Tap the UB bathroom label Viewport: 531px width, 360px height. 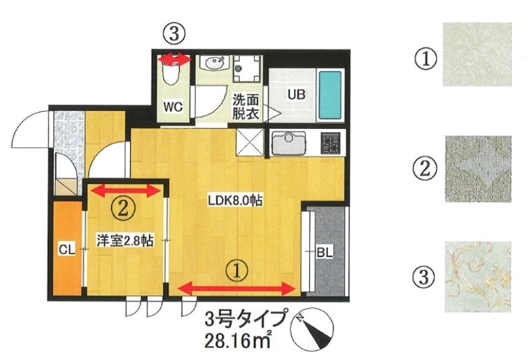tap(296, 94)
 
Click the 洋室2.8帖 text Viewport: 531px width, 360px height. tap(125, 240)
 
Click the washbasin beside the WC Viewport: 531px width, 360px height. tap(214, 64)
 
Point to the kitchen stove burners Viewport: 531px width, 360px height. tap(330, 142)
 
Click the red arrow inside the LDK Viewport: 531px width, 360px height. tap(238, 288)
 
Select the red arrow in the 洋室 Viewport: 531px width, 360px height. tap(126, 191)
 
